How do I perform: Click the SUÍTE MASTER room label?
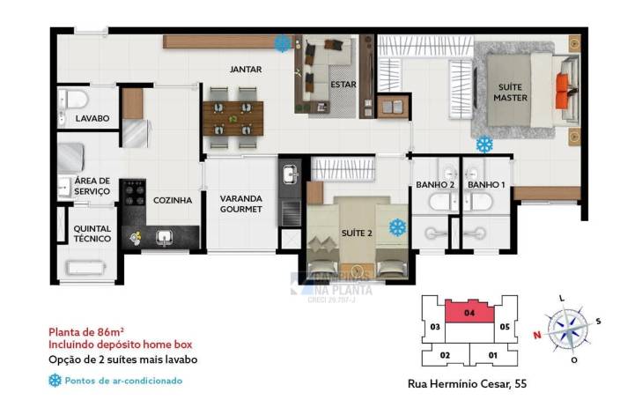(x=510, y=93)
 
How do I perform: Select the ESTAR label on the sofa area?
(x=343, y=85)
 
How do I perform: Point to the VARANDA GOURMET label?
(x=241, y=204)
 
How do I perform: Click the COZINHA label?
(x=172, y=200)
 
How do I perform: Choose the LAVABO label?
(x=92, y=118)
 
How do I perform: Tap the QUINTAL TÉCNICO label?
(x=92, y=233)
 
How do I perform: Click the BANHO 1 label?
(x=486, y=185)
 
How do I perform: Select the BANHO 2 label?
(x=435, y=185)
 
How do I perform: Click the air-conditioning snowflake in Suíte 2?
(x=398, y=227)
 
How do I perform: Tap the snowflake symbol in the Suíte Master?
(x=484, y=144)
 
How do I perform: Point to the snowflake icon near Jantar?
(x=283, y=42)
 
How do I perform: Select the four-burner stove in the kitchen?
(x=133, y=192)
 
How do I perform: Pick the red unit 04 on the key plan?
(x=469, y=310)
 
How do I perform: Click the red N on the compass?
(x=535, y=335)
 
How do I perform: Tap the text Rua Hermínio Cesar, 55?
(x=467, y=384)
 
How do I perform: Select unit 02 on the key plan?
(x=446, y=355)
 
